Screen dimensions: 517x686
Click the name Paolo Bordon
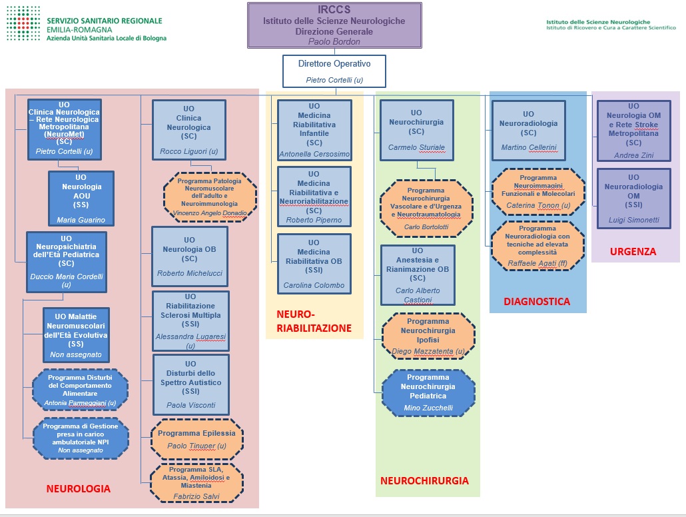pyautogui.click(x=335, y=41)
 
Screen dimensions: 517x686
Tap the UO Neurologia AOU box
pyautogui.click(x=81, y=199)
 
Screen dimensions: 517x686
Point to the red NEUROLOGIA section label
pyautogui.click(x=78, y=489)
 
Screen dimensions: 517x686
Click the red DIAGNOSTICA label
pyautogui.click(x=537, y=301)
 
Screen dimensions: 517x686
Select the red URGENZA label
pyautogui.click(x=633, y=251)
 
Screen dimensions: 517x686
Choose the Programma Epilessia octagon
pyautogui.click(x=196, y=439)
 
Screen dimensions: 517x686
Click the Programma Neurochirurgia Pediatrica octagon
pyautogui.click(x=428, y=392)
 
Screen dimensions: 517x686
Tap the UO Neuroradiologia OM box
pyautogui.click(x=633, y=198)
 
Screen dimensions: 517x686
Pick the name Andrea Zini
pyautogui.click(x=633, y=155)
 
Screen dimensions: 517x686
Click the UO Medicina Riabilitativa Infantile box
pyautogui.click(x=314, y=129)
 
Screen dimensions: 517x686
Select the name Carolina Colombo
pyautogui.click(x=314, y=285)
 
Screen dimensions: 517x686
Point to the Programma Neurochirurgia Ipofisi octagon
pyautogui.click(x=428, y=336)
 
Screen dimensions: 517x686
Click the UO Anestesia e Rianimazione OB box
pyautogui.click(x=418, y=275)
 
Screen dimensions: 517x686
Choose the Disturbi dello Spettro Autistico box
pyautogui.click(x=191, y=384)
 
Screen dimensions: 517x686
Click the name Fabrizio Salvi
pyautogui.click(x=196, y=496)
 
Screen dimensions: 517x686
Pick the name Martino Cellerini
pyautogui.click(x=528, y=147)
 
